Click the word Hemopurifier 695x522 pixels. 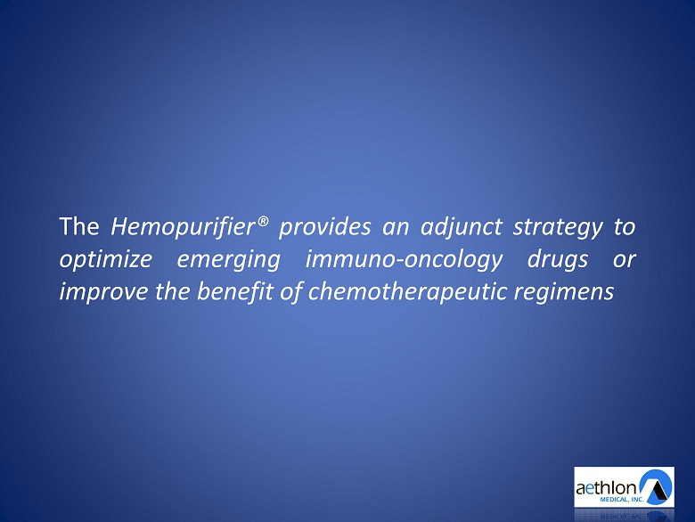click(x=184, y=227)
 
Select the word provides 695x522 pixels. click(x=325, y=227)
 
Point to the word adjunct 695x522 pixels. click(x=461, y=227)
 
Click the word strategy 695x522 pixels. click(x=558, y=228)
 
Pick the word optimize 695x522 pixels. click(x=106, y=260)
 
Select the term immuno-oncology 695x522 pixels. click(x=404, y=260)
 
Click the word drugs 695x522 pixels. click(x=558, y=260)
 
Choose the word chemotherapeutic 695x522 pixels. click(x=407, y=292)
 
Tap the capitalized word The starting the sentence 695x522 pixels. click(x=79, y=226)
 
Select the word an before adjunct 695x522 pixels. click(x=396, y=229)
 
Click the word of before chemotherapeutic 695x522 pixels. click(x=290, y=291)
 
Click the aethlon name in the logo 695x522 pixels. click(x=607, y=488)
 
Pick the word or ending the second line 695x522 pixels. click(x=625, y=260)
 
